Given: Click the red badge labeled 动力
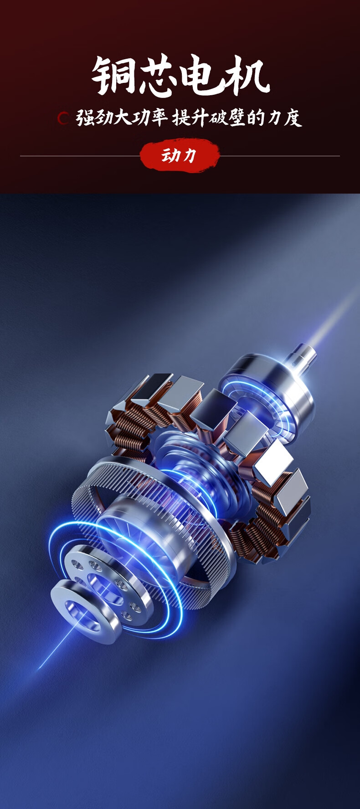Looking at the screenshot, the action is pos(180,156).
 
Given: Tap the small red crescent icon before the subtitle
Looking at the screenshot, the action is pos(63,118).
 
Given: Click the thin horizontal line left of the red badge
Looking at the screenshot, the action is pos(80,156).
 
